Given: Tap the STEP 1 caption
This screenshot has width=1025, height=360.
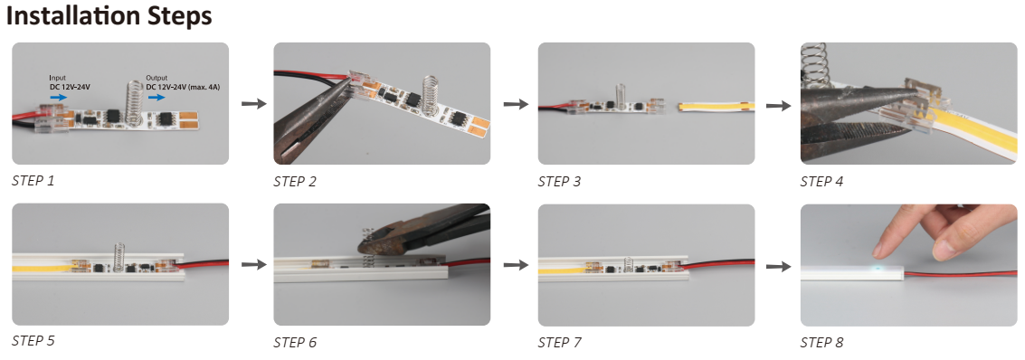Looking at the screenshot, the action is [x=33, y=180].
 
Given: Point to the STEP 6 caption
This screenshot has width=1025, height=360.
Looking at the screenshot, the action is [x=295, y=342].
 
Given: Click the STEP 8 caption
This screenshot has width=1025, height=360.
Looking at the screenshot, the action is [x=821, y=342].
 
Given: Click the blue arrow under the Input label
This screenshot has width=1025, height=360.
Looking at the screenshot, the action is [x=58, y=97].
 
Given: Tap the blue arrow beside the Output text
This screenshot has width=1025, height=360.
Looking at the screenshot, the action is [x=157, y=97].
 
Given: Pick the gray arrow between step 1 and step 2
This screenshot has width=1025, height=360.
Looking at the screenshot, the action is [x=253, y=103].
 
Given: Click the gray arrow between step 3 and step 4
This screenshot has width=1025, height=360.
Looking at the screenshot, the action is [x=778, y=105].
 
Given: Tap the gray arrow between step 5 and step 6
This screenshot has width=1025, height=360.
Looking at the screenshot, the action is [x=253, y=264].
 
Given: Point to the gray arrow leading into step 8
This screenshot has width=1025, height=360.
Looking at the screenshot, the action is [x=778, y=266].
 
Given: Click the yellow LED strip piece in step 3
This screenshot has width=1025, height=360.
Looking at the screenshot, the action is [x=717, y=106].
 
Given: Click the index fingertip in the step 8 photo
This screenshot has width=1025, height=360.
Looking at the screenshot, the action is [x=880, y=249].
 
